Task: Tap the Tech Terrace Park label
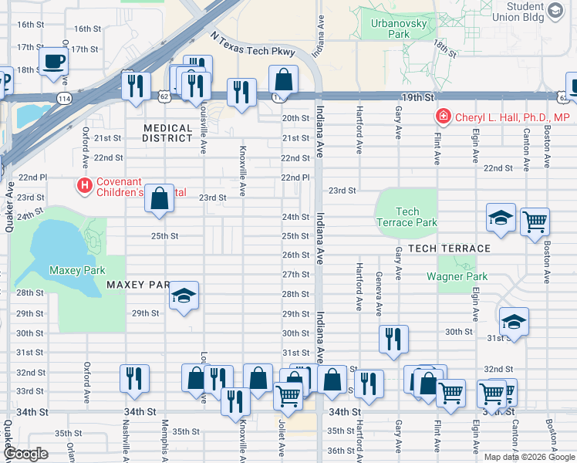point(407,217)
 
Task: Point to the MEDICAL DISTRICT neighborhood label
point(167,133)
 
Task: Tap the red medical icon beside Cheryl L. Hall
point(444,117)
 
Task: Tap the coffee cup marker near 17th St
point(53,61)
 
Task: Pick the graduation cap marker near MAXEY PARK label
point(184,296)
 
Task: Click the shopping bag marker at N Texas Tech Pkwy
point(284,79)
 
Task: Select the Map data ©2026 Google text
point(529,457)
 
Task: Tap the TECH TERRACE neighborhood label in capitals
point(449,248)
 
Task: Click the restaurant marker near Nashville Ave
point(135,378)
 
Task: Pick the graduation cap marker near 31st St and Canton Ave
point(514,321)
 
